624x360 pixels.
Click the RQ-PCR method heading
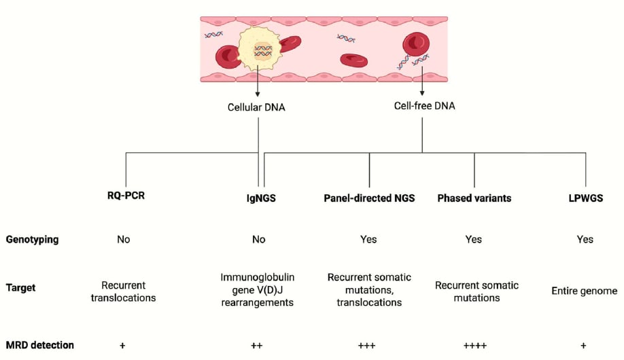(126, 196)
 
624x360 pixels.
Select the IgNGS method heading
(261, 198)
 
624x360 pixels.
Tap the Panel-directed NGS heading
(369, 198)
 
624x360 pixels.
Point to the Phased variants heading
(474, 198)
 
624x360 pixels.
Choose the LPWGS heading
(586, 198)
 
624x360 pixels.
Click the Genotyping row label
(32, 240)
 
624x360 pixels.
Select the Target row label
(20, 287)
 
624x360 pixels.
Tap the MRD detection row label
(40, 345)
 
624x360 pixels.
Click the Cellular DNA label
(256, 107)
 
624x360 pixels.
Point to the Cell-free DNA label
(425, 106)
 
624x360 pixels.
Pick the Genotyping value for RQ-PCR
(123, 239)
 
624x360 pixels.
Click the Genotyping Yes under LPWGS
(585, 239)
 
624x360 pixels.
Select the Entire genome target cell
(584, 291)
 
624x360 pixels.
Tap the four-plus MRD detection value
(474, 345)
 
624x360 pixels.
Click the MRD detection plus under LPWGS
(583, 345)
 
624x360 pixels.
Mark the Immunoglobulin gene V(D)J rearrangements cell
(257, 289)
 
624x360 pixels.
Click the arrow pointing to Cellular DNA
(258, 81)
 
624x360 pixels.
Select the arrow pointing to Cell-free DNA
(422, 81)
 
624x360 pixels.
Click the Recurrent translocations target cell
(123, 291)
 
